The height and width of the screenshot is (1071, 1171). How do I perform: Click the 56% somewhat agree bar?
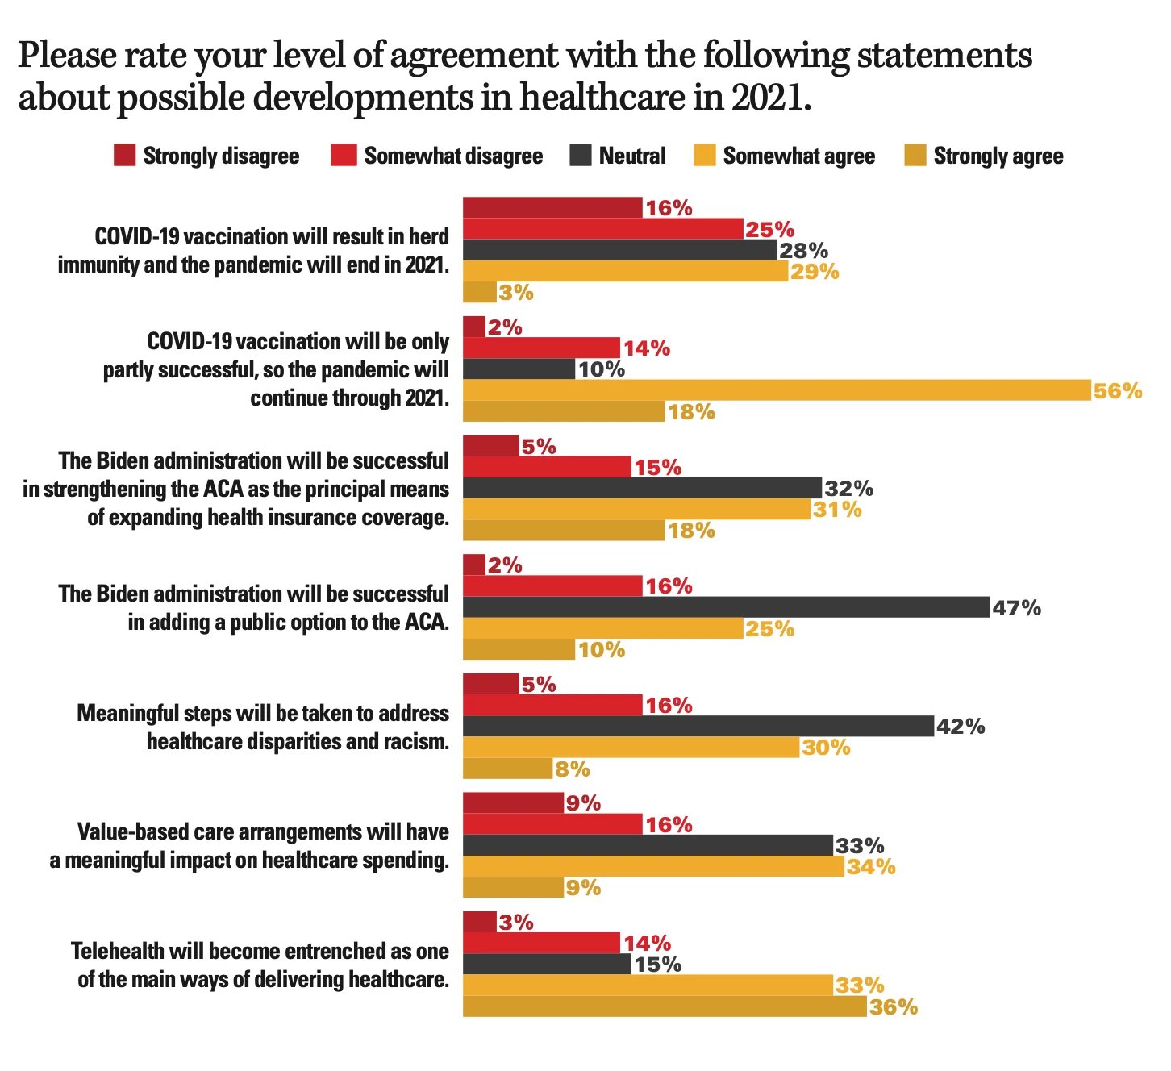pyautogui.click(x=777, y=390)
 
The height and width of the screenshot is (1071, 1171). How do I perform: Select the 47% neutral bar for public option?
pyautogui.click(x=726, y=607)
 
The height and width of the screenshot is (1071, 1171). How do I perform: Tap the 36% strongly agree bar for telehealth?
pyautogui.click(x=665, y=1006)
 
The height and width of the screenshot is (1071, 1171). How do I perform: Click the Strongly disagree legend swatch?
pyautogui.click(x=124, y=156)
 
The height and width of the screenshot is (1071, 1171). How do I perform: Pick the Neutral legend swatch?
pyautogui.click(x=581, y=156)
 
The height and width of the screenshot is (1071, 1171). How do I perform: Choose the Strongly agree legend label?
pyautogui.click(x=998, y=156)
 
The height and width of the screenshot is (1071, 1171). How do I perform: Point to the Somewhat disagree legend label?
pyautogui.click(x=453, y=156)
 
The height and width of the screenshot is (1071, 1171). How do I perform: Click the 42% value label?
pyautogui.click(x=961, y=727)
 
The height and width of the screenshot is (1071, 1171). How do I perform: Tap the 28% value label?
pyautogui.click(x=803, y=250)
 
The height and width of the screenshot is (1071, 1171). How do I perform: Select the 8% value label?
pyautogui.click(x=573, y=769)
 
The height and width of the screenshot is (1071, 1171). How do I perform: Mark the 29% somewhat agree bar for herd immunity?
pyautogui.click(x=625, y=271)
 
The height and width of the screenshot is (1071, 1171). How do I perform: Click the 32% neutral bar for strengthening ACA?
pyautogui.click(x=642, y=488)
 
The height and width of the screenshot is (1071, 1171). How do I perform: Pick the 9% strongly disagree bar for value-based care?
pyautogui.click(x=513, y=802)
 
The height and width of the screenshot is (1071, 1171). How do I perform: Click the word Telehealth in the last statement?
pyautogui.click(x=119, y=951)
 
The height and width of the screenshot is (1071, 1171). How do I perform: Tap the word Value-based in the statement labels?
pyautogui.click(x=127, y=831)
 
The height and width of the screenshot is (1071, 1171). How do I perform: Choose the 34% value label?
pyautogui.click(x=871, y=866)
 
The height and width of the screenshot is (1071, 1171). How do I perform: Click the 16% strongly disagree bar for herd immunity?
pyautogui.click(x=552, y=207)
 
